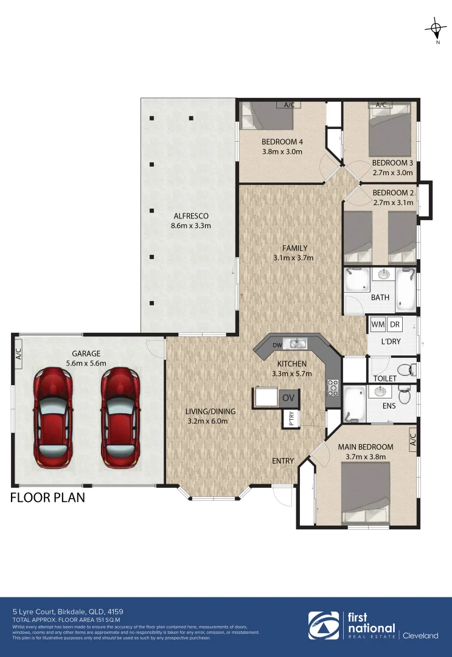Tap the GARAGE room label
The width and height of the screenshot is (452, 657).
click(x=85, y=353)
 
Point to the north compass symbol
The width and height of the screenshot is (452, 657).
click(x=436, y=28)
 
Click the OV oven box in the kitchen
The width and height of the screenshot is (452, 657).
click(x=288, y=398)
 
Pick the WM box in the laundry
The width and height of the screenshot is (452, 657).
click(x=377, y=325)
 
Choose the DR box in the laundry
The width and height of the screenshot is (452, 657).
click(x=395, y=325)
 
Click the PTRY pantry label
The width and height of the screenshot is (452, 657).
click(x=288, y=420)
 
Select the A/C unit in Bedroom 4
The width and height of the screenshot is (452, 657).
click(x=290, y=105)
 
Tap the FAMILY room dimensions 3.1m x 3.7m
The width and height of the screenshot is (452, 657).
click(x=294, y=257)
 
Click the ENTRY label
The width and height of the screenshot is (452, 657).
click(x=283, y=461)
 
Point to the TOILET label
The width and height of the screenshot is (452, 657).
click(x=384, y=378)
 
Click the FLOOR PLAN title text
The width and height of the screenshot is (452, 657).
click(x=47, y=498)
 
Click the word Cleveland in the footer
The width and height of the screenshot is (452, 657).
click(x=420, y=636)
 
